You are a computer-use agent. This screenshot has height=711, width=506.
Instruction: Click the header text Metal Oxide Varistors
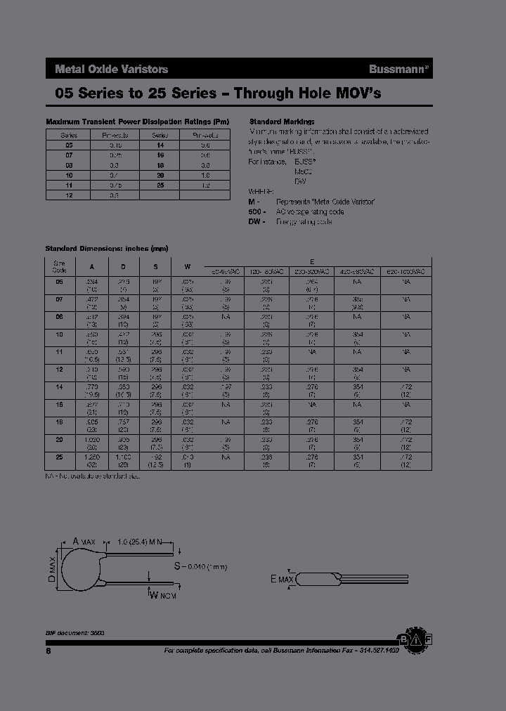coord(111,69)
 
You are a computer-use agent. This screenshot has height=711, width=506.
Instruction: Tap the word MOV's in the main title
coord(356,93)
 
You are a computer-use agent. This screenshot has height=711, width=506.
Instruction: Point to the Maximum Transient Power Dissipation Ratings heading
coord(137,121)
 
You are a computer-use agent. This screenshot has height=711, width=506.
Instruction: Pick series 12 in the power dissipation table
coord(69,195)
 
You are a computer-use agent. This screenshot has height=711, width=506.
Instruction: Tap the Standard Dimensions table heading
coord(106,249)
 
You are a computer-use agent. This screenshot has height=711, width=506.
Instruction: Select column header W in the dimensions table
coord(187,266)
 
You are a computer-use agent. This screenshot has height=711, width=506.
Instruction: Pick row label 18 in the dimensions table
coord(59,422)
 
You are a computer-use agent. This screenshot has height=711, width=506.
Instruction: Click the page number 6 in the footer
coord(48,651)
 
